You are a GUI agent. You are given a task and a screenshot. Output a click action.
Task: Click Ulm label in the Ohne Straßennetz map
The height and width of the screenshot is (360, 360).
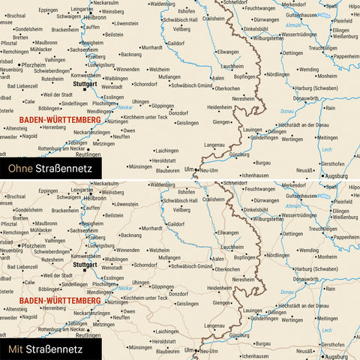[x=188, y=169]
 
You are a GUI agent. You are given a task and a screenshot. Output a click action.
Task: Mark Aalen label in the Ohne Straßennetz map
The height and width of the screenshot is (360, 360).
[x=218, y=78]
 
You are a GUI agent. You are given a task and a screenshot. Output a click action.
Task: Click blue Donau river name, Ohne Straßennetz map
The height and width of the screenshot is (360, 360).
[x=286, y=112]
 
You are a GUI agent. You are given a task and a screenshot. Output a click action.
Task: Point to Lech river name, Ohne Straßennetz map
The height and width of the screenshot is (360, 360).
[x=325, y=150]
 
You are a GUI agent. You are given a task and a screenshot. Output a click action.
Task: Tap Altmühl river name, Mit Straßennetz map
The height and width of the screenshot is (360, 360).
[x=295, y=205]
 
